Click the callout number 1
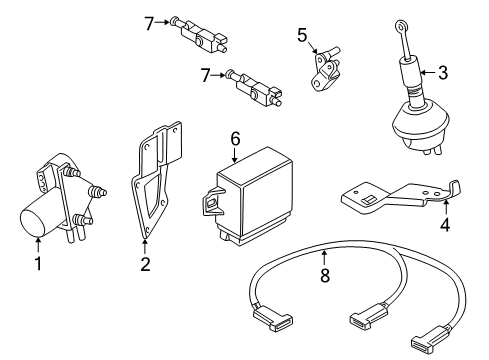(x=39, y=263)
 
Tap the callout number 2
(x=145, y=264)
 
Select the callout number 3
(x=443, y=72)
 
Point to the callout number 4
(x=445, y=224)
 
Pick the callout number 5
(x=302, y=35)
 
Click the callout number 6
(x=235, y=139)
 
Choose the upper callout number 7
(x=149, y=23)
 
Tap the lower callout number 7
(x=205, y=75)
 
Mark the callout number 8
(x=325, y=275)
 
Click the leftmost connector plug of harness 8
(x=272, y=319)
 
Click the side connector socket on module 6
(x=212, y=203)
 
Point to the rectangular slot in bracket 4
(x=368, y=200)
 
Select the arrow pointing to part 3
(x=428, y=72)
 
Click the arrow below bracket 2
(x=145, y=247)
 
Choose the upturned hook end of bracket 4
(x=454, y=191)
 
